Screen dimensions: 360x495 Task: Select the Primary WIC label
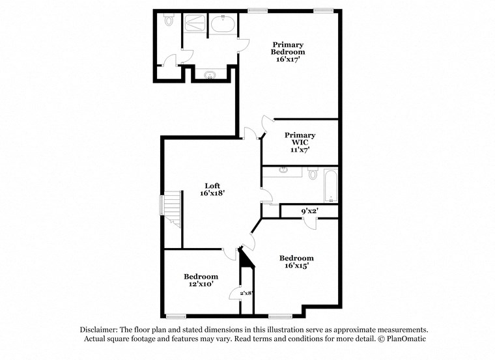click(300, 139)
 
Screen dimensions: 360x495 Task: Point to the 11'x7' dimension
click(300, 150)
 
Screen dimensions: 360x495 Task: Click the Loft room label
click(212, 185)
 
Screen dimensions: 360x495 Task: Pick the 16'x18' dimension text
click(212, 193)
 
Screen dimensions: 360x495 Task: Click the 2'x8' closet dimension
click(246, 294)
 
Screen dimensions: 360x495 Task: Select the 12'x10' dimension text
click(201, 285)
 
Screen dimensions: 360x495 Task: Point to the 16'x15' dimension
click(296, 266)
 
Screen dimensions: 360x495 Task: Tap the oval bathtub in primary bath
click(223, 25)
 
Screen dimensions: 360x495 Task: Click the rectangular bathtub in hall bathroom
click(330, 186)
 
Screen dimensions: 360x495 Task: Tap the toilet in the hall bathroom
click(313, 174)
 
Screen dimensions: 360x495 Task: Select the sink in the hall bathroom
click(284, 171)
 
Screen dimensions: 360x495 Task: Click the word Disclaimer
click(100, 330)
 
